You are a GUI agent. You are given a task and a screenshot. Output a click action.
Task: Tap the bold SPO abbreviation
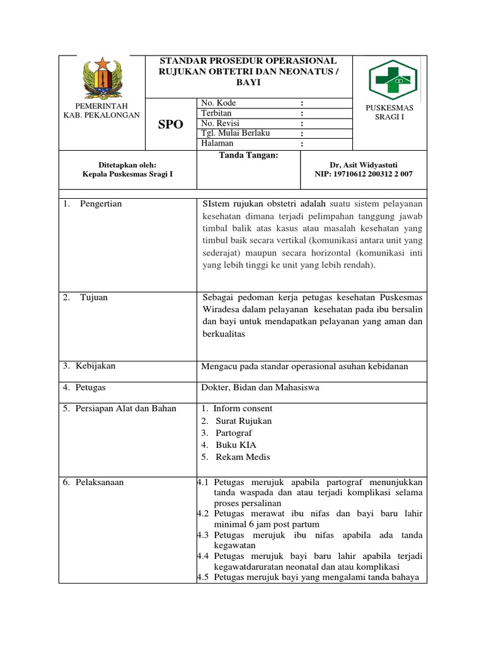pos(171,125)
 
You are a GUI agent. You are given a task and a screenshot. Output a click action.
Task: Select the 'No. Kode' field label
pos(219,103)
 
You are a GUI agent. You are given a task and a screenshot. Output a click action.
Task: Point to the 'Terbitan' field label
pos(216,113)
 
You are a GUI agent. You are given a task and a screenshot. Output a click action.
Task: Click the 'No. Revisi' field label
pos(220,123)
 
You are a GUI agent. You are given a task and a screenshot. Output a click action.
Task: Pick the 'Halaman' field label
pos(217,143)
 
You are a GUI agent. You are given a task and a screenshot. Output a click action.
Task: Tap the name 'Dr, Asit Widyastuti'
pos(364,164)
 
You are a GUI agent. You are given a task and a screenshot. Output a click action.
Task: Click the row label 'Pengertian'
pos(101,204)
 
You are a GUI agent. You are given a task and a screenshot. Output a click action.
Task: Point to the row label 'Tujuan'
pos(95,298)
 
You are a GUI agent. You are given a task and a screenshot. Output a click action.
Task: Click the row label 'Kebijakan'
pos(95,366)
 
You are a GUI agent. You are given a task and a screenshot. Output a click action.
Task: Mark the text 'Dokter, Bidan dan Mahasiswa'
pos(260,387)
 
